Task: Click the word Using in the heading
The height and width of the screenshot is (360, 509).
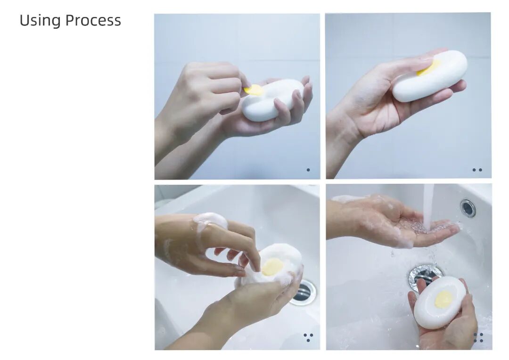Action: click(40, 20)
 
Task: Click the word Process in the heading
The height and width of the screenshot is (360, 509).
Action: click(93, 20)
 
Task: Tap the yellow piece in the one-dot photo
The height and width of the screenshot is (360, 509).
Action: click(254, 90)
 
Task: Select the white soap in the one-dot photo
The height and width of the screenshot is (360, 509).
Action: click(273, 101)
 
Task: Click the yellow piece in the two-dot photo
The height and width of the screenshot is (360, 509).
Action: click(428, 67)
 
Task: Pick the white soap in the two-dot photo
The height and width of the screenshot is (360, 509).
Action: click(430, 76)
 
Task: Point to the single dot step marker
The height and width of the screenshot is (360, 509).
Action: click(308, 170)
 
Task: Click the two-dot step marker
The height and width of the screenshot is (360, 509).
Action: click(477, 170)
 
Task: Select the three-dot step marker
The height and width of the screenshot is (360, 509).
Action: click(308, 337)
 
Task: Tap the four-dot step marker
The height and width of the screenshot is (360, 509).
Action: click(478, 337)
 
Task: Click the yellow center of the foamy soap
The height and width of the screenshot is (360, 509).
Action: click(272, 267)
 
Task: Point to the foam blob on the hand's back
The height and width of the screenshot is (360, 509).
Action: click(210, 221)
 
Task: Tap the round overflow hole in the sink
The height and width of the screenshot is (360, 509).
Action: click(468, 208)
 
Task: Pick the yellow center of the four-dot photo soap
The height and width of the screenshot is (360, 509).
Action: click(443, 299)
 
